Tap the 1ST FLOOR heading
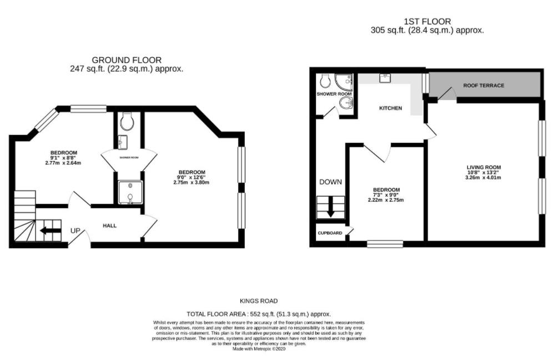point(427,22)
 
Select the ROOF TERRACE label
point(484,86)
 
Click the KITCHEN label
point(390,108)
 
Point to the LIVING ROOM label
point(484,167)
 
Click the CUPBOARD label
point(330,233)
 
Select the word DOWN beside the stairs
point(330,182)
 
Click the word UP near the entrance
point(75,231)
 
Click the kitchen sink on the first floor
point(384,78)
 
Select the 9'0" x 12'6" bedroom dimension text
point(192,177)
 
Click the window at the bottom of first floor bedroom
point(385,243)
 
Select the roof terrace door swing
point(445,96)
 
